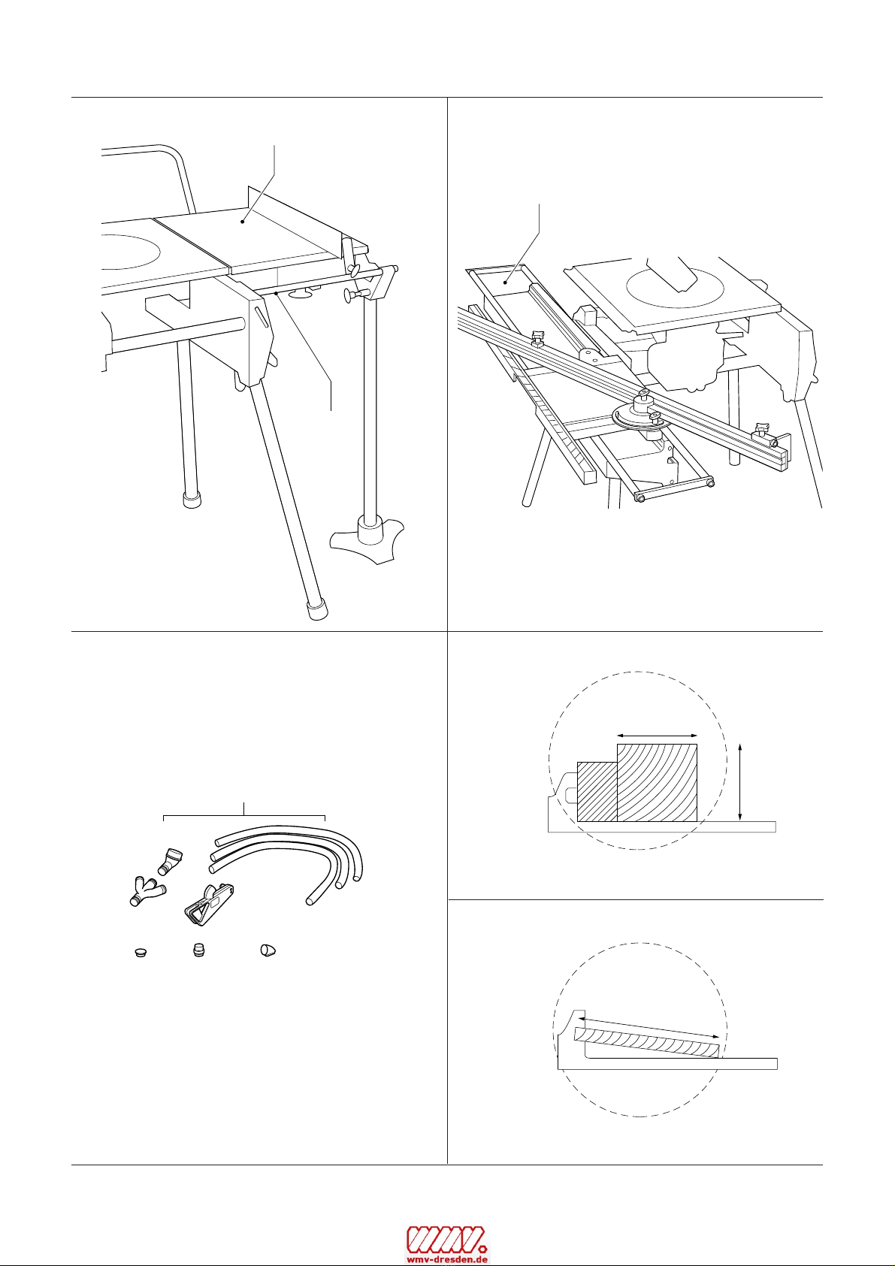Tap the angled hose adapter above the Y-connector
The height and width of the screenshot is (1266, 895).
point(169,860)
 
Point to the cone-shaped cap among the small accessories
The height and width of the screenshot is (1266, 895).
point(268,951)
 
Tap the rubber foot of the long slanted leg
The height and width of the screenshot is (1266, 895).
point(316,608)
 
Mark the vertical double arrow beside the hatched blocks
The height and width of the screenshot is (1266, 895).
point(741,782)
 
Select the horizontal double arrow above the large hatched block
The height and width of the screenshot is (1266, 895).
point(658,736)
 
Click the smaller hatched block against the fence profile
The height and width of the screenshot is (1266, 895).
point(597,792)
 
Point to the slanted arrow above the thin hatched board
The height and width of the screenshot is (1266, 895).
point(651,1026)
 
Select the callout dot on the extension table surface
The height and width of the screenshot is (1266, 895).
point(243,222)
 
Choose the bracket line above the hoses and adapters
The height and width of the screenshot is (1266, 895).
point(244,816)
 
